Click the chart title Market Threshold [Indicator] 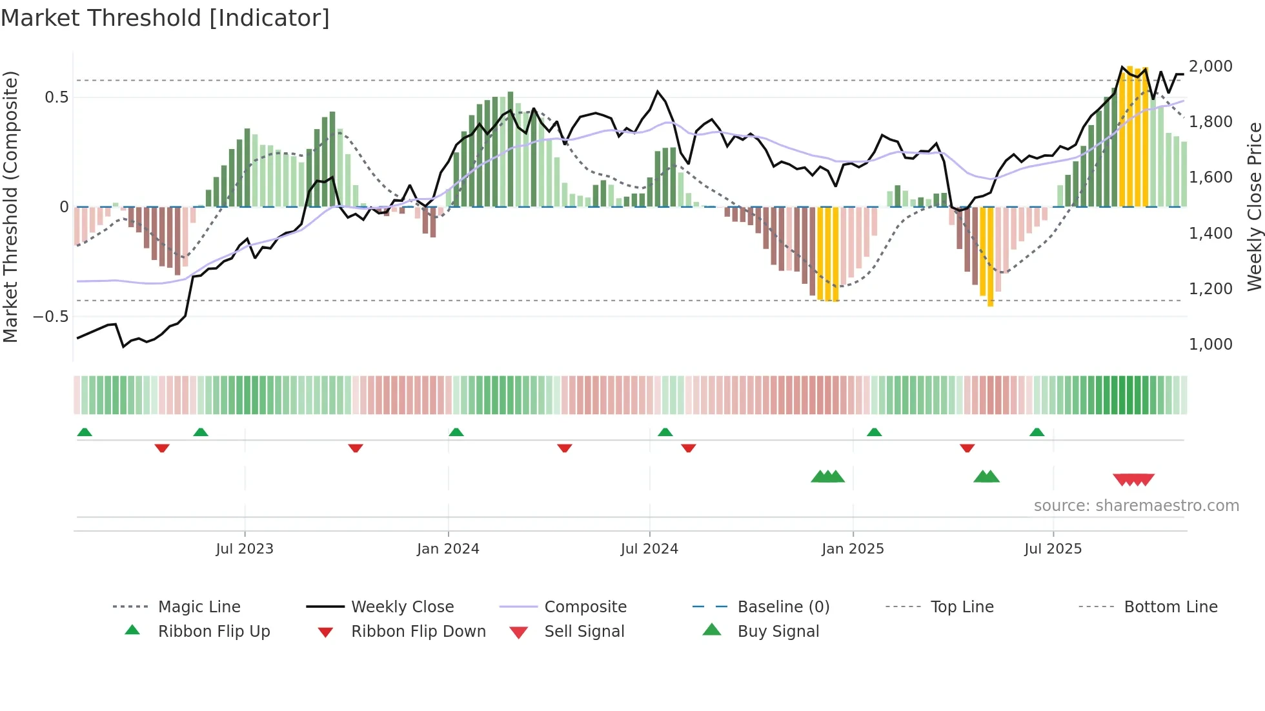pos(165,18)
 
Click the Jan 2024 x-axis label pos(448,549)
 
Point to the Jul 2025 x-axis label pos(1053,549)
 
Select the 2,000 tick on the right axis pos(1211,66)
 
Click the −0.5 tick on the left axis pos(50,317)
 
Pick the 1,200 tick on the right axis pos(1211,288)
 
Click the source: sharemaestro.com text pos(1136,506)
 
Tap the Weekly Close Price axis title pos(1254,206)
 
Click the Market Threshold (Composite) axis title pos(10,206)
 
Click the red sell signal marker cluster pos(1133,479)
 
